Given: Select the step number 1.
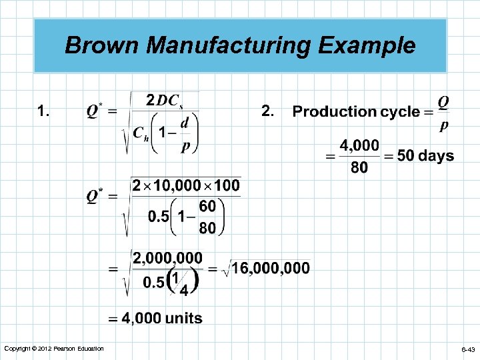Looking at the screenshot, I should pos(43,111).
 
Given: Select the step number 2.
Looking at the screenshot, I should pos(267,111).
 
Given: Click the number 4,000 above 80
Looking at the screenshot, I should pos(359,145).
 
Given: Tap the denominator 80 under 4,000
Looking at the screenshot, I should pos(359,167).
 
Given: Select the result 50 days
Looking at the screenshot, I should pos(425,156).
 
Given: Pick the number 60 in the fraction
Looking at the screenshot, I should pos(207,207).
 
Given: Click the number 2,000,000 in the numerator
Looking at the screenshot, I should pos(168,257).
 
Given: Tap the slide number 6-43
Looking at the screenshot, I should pos(467,349).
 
